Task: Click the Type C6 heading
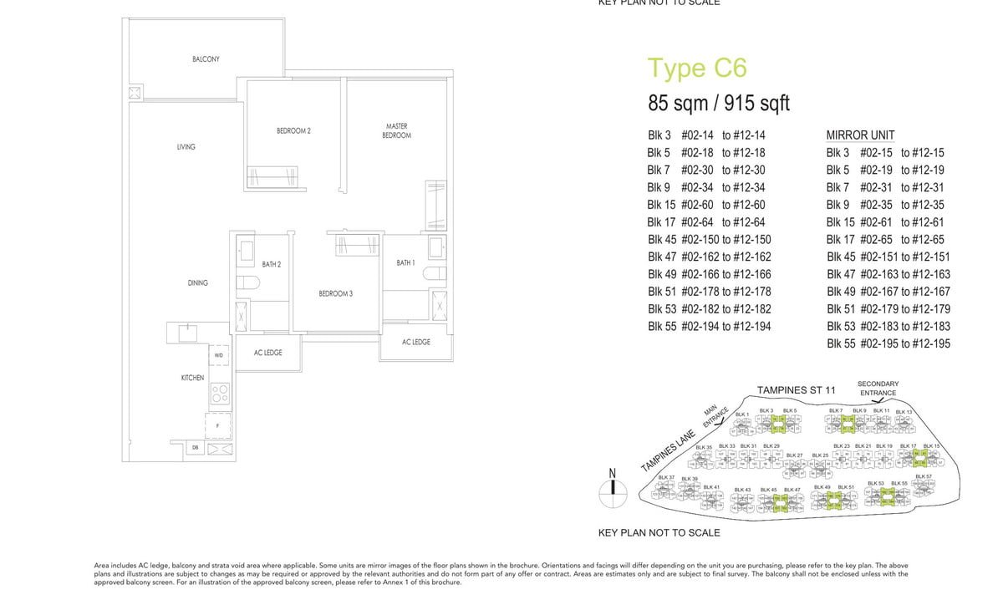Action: coord(697,69)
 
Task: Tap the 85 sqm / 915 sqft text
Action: coord(719,104)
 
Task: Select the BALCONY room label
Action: coord(206,59)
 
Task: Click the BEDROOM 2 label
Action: coord(293,131)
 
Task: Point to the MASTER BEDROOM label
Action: coord(396,131)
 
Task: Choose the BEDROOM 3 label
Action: coord(335,294)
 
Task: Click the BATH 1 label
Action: coord(405,263)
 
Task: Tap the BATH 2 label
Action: coord(271,265)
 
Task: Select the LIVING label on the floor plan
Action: coord(186,147)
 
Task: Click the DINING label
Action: coord(197,283)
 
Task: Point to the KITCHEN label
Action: coord(192,378)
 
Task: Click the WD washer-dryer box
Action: coord(218,356)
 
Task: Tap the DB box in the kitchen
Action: coord(195,449)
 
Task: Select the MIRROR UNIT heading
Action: coord(860,135)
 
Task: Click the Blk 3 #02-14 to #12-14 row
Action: coord(705,135)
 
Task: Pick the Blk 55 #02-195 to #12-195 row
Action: coord(888,344)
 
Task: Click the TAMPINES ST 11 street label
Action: coord(796,390)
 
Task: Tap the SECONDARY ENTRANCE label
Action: coord(878,389)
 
